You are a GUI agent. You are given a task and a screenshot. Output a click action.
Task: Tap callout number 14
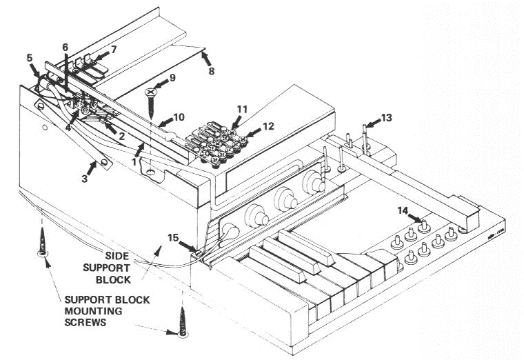pyautogui.click(x=404, y=210)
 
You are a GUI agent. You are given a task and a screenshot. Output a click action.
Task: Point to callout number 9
pyautogui.click(x=172, y=77)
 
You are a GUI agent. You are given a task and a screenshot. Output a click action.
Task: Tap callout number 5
pyautogui.click(x=30, y=57)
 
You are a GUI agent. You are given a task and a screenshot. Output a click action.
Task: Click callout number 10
pyautogui.click(x=179, y=117)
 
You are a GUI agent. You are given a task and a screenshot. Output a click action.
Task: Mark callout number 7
pyautogui.click(x=114, y=50)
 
